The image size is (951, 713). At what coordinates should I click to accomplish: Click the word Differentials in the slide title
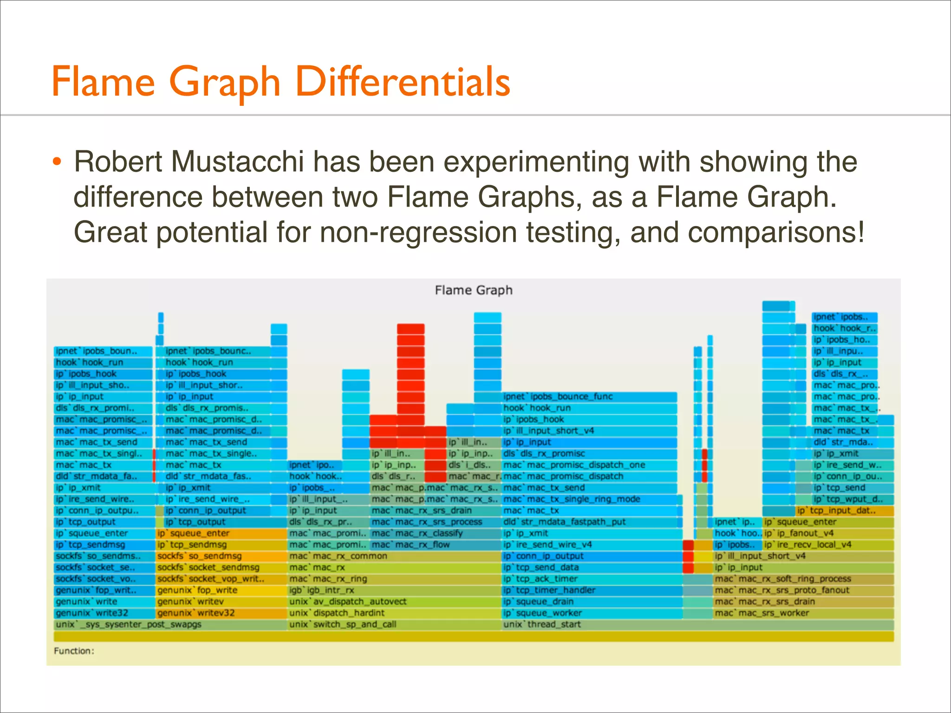click(x=403, y=82)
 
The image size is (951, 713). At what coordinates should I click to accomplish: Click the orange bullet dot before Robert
click(x=57, y=162)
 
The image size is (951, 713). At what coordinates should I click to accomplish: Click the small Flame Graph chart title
click(x=473, y=291)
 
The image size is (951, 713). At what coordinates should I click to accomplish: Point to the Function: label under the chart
click(x=74, y=651)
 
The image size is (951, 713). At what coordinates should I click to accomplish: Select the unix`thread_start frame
click(x=542, y=624)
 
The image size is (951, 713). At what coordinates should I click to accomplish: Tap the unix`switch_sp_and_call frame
click(x=343, y=624)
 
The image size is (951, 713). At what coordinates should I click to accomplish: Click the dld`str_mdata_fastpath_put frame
click(x=564, y=522)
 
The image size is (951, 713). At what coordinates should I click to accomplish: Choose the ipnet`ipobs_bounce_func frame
click(x=558, y=396)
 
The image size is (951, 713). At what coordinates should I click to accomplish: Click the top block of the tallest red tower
click(x=410, y=329)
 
